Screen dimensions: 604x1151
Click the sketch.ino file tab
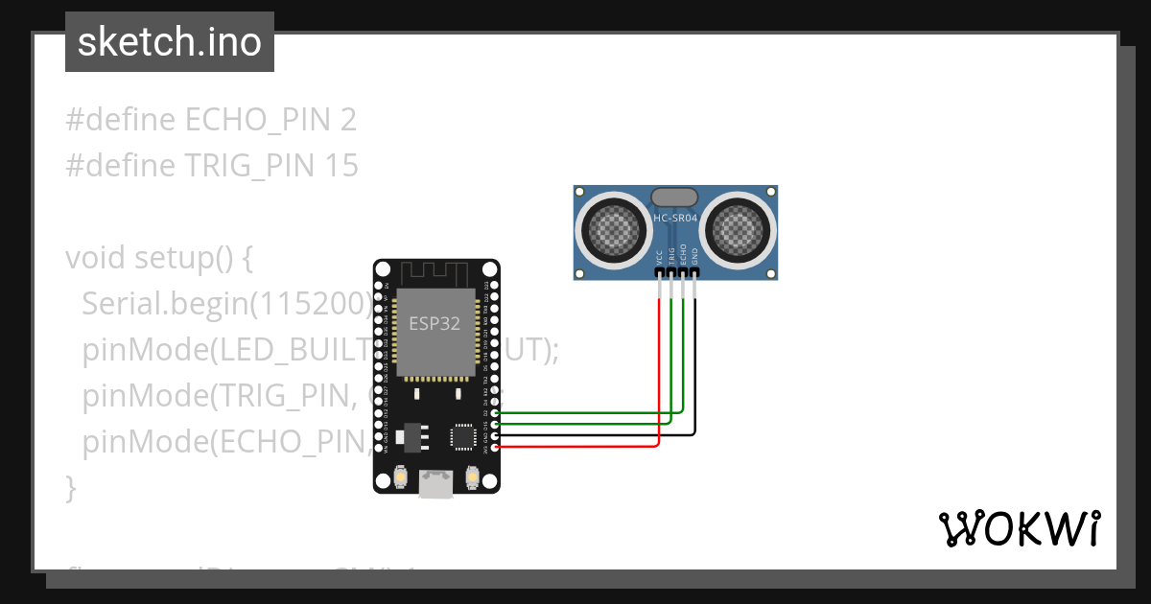click(x=170, y=42)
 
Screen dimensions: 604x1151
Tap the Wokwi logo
click(x=1019, y=528)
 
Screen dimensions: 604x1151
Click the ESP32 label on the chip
click(x=435, y=323)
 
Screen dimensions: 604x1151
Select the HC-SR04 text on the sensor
click(x=675, y=219)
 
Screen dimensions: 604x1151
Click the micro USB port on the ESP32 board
click(x=436, y=485)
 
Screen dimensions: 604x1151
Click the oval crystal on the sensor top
click(x=675, y=197)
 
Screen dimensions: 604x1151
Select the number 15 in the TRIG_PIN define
click(x=341, y=166)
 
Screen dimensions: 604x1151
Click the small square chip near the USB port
click(x=463, y=437)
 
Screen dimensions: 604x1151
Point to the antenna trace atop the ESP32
click(x=436, y=272)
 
